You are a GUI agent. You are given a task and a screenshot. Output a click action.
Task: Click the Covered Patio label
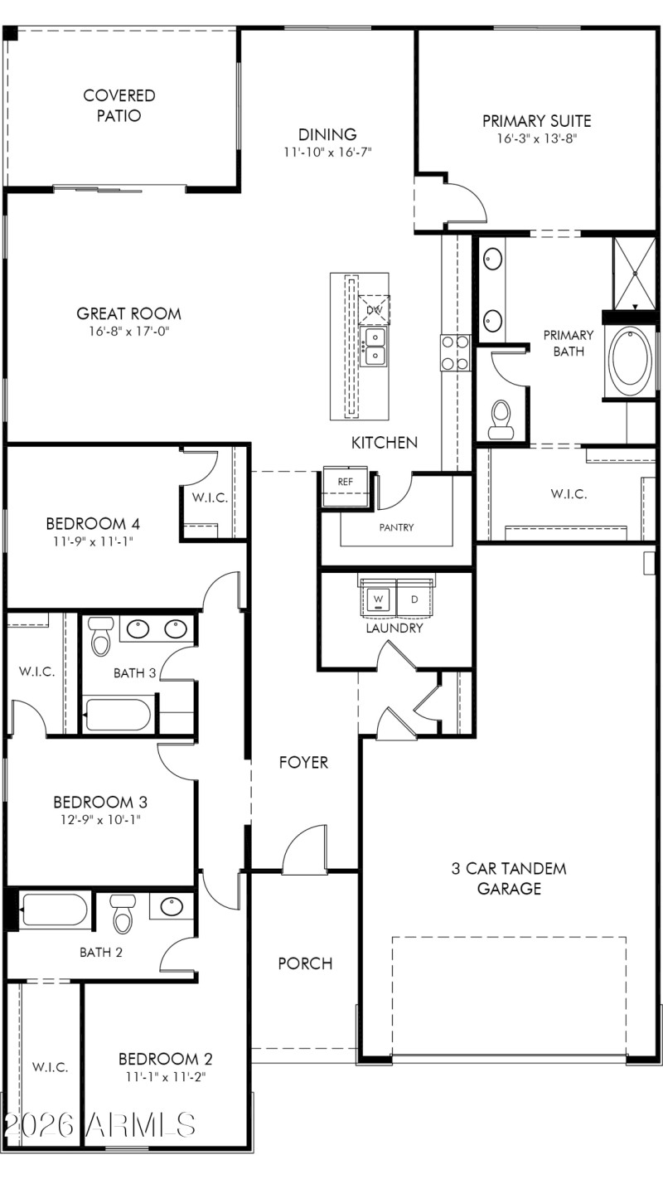tap(119, 106)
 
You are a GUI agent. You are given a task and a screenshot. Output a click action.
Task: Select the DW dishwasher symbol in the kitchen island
tap(374, 309)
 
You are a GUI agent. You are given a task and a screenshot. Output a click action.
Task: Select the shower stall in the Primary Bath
tap(634, 272)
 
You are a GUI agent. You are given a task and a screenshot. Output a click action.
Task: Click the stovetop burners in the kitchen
tap(455, 352)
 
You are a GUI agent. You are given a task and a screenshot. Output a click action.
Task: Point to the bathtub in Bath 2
tap(54, 910)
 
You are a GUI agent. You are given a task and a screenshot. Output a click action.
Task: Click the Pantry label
tap(396, 527)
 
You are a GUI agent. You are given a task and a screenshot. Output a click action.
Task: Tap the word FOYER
tap(303, 762)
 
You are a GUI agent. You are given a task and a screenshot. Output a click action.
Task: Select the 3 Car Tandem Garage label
tap(508, 879)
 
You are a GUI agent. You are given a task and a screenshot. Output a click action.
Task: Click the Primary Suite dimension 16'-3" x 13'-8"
tap(536, 139)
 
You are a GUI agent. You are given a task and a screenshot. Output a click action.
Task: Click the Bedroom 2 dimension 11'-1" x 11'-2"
tap(165, 1077)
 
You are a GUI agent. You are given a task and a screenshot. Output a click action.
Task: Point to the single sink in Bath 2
tap(172, 906)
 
